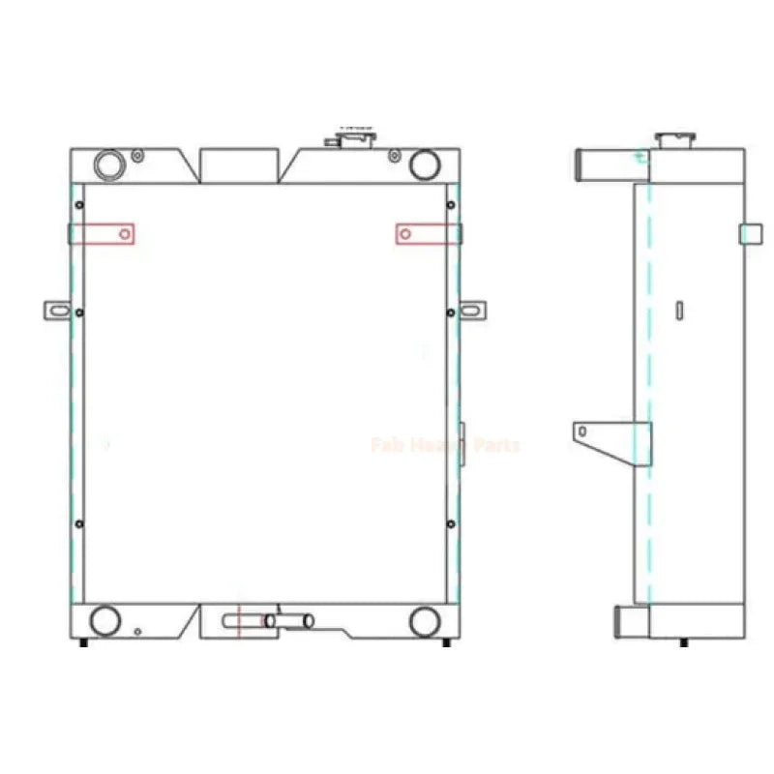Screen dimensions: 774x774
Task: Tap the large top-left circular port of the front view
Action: click(110, 164)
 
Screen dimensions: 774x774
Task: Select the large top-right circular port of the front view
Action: click(424, 164)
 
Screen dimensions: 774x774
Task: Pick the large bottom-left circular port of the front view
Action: click(104, 619)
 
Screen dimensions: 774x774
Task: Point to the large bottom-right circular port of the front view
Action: click(424, 620)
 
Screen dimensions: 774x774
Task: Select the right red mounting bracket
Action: click(426, 234)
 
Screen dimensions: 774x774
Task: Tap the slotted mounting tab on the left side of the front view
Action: click(57, 311)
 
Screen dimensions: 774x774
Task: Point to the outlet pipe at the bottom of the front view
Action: click(290, 620)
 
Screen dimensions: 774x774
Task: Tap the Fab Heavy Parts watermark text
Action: click(445, 445)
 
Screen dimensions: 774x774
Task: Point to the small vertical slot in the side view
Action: click(680, 310)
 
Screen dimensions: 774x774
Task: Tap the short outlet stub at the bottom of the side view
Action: click(630, 619)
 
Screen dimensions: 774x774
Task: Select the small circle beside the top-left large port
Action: click(138, 155)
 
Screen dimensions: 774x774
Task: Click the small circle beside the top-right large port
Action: click(393, 155)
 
